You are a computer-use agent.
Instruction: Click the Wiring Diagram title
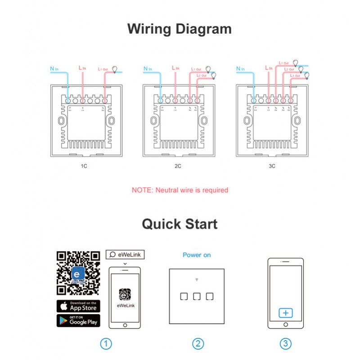tap(180, 29)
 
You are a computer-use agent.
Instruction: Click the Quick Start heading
tap(180, 224)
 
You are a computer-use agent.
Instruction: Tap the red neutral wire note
tap(180, 190)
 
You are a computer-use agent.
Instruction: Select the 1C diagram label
tap(84, 166)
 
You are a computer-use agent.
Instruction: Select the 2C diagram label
tap(178, 166)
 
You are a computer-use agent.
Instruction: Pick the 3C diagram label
tap(272, 166)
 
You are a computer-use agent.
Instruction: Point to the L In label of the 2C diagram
tap(176, 68)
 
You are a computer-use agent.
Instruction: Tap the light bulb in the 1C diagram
tap(115, 69)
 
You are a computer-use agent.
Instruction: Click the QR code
tap(78, 273)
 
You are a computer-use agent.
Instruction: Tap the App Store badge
tap(78, 306)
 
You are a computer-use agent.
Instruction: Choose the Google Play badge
tap(78, 321)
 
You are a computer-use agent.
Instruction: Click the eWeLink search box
tap(125, 255)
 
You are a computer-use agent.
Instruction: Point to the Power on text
tap(197, 255)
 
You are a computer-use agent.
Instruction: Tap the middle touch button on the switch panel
tap(196, 297)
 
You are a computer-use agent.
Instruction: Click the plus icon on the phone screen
tap(285, 313)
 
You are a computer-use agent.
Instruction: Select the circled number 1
tap(105, 344)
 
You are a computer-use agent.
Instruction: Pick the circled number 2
tap(198, 344)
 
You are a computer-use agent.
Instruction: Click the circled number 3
tap(285, 344)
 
